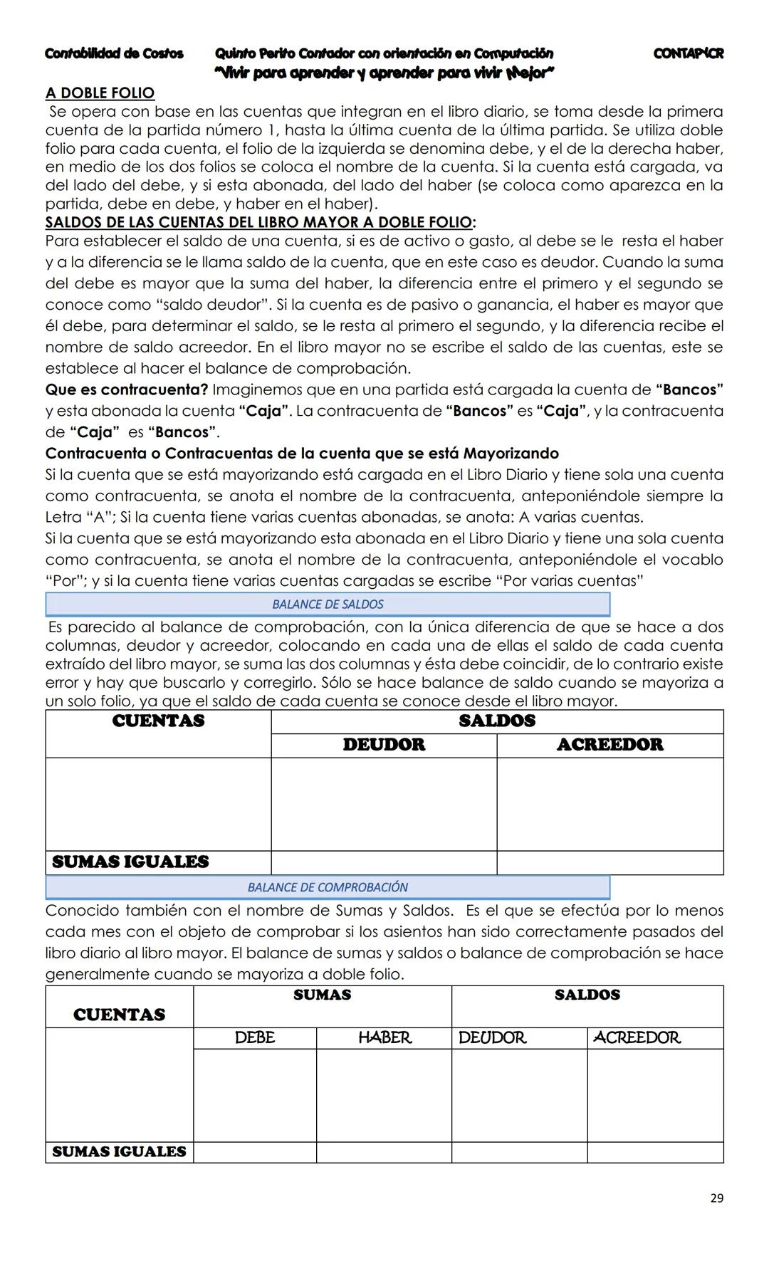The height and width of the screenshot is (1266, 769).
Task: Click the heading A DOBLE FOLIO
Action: point(100,93)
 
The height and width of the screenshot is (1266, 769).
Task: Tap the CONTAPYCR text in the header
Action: point(688,54)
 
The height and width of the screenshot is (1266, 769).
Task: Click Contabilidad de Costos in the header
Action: point(114,54)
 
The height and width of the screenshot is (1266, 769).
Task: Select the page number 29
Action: point(716,1198)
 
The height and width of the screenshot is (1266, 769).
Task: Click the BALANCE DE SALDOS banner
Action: point(328,605)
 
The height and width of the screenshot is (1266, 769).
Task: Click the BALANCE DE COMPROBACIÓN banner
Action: point(328,887)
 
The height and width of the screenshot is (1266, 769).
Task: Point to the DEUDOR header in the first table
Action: point(384,745)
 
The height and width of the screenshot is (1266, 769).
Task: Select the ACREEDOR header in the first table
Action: point(610,745)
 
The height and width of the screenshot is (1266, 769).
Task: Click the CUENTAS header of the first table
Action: point(158,721)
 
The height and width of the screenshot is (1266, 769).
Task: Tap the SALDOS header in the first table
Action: point(497,721)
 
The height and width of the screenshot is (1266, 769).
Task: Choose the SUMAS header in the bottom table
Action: point(322,995)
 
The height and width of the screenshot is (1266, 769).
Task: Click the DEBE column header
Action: point(254,1038)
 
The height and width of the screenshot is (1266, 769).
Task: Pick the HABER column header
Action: point(384,1038)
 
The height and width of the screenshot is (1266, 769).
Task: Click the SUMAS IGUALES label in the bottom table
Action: point(119,1152)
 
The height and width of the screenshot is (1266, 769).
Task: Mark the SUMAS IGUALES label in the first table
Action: point(130,862)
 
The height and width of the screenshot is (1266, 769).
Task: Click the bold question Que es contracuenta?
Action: point(127,390)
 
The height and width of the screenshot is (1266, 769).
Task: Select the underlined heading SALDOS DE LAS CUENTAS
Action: point(260,222)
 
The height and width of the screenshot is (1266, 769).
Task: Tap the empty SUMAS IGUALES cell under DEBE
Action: point(254,1152)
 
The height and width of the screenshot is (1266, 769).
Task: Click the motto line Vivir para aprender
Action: point(384,73)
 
